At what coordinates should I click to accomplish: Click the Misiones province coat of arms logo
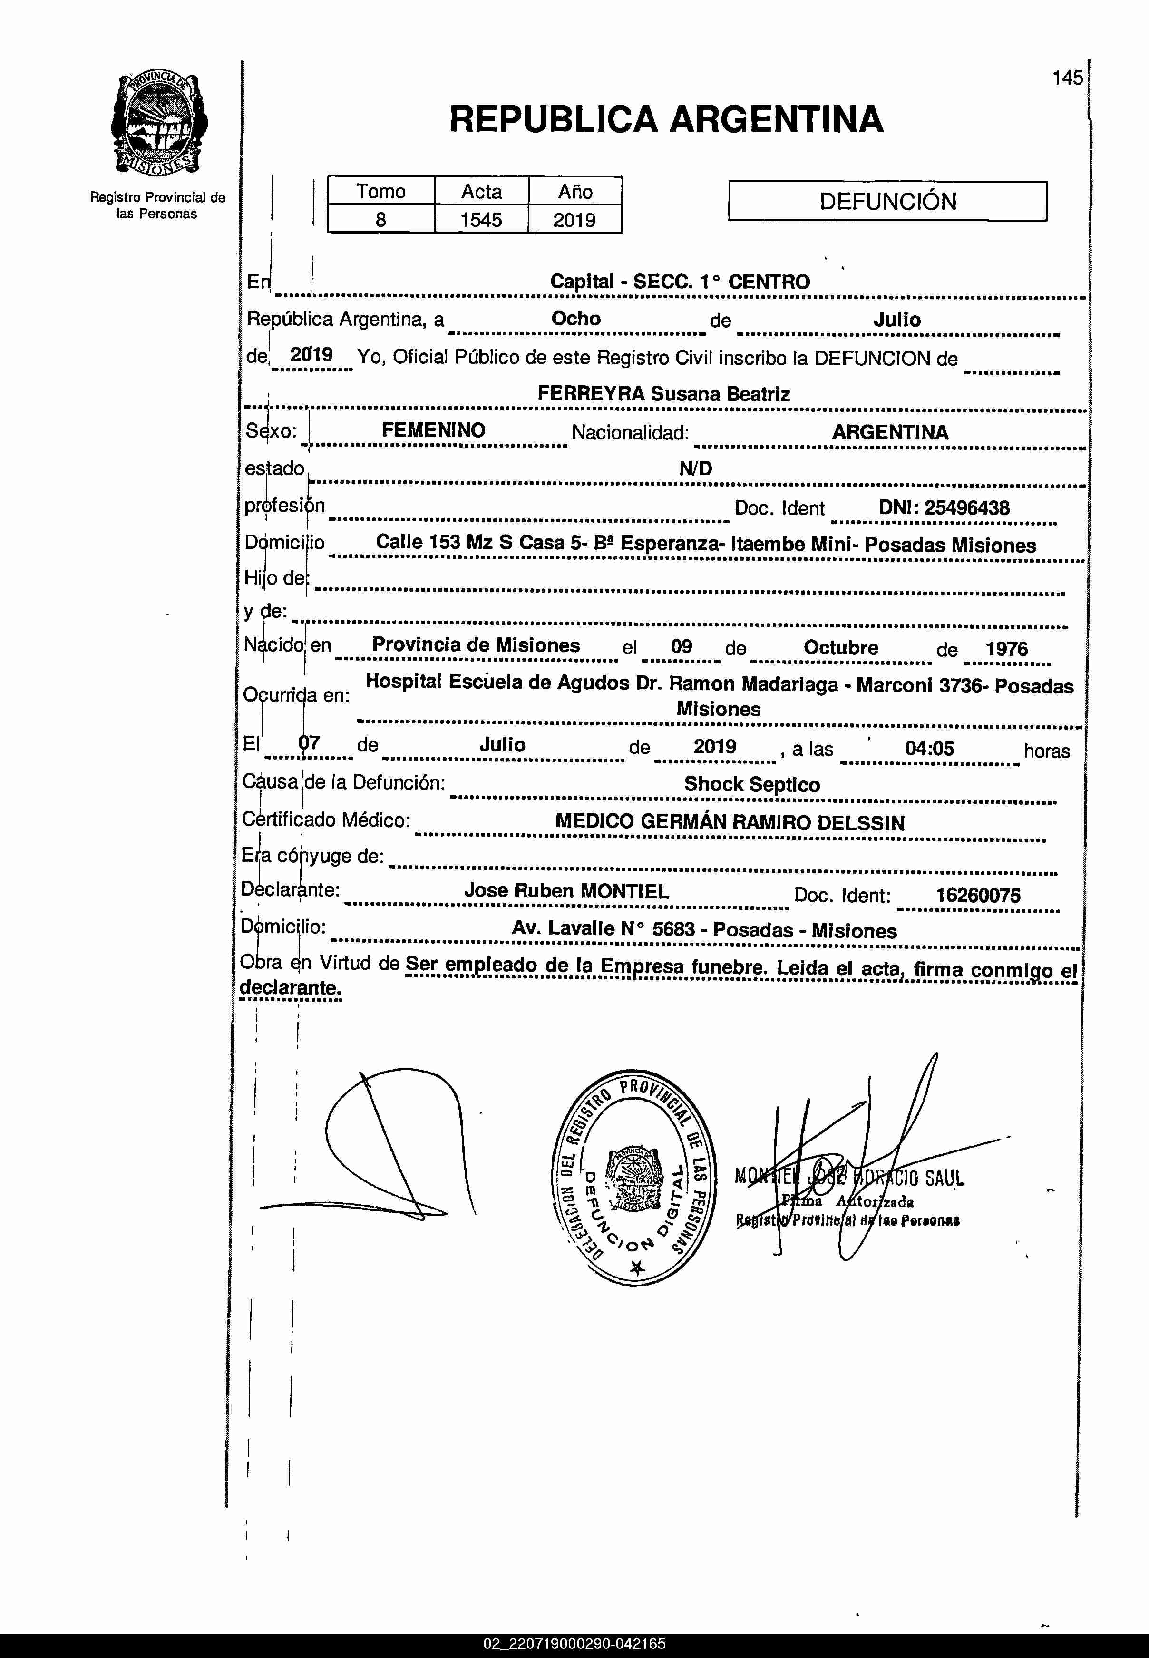[160, 124]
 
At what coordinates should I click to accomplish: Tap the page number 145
[1067, 78]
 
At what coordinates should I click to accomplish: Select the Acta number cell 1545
[481, 220]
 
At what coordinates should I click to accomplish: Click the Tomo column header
[381, 192]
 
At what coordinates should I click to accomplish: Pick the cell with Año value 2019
[574, 220]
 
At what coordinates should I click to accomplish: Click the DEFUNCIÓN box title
[887, 201]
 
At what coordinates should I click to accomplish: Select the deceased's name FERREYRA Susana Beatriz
[663, 394]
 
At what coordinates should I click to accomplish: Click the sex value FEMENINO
[433, 430]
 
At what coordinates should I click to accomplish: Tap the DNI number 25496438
[967, 507]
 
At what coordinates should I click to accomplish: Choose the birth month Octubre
[841, 647]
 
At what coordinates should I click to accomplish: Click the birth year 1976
[1006, 649]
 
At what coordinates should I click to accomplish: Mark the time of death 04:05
[929, 748]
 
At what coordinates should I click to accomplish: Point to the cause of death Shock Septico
[751, 784]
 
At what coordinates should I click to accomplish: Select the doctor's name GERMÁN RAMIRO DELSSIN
[772, 822]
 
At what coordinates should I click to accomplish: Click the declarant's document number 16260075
[978, 895]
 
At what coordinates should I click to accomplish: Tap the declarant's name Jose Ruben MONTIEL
[566, 890]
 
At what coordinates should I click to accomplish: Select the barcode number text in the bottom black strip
[574, 1644]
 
